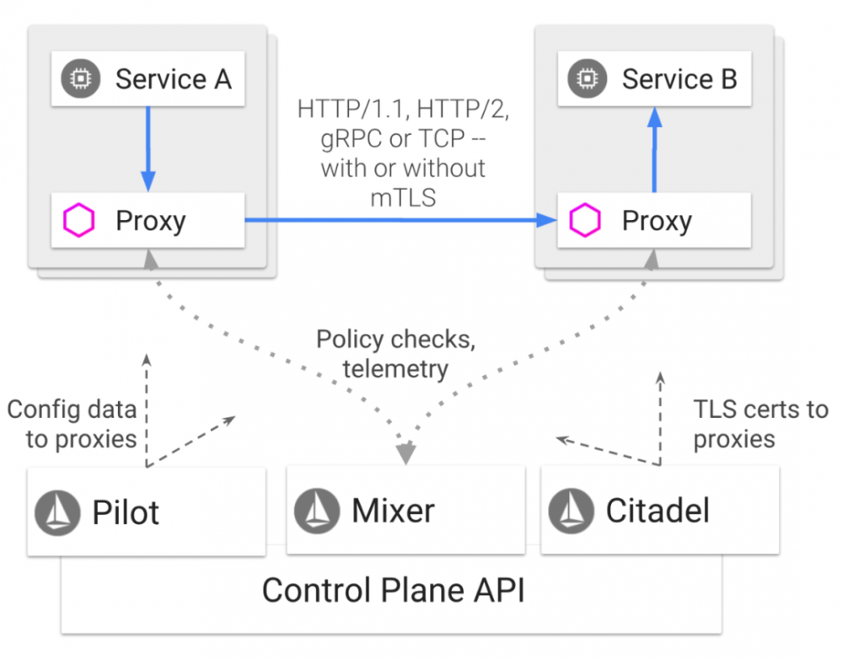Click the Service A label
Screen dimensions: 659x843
[x=173, y=79]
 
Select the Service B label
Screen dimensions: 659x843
[x=679, y=79]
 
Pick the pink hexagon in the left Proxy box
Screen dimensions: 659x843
[x=79, y=221]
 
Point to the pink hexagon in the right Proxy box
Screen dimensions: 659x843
[x=585, y=221]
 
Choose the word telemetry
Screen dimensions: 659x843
[x=394, y=368]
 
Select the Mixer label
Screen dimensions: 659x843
[x=393, y=511]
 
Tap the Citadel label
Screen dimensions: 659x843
[x=658, y=511]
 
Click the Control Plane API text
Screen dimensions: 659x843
[x=393, y=590]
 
